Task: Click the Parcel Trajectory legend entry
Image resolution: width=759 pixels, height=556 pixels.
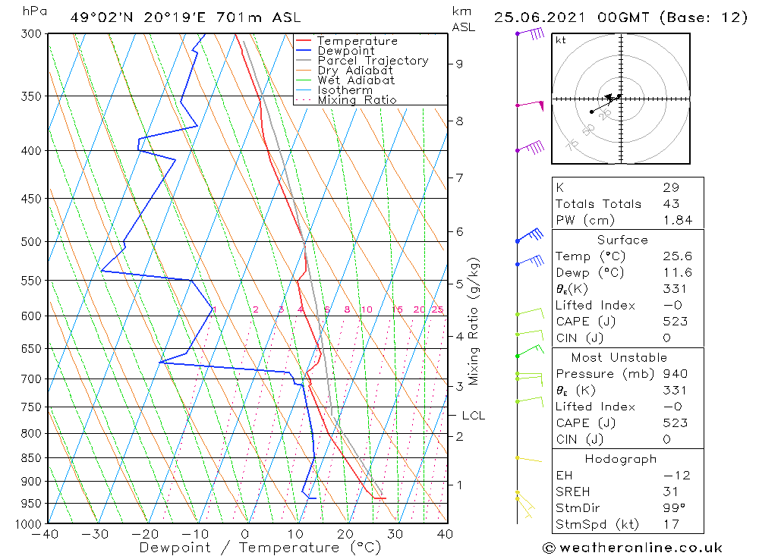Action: tap(373, 61)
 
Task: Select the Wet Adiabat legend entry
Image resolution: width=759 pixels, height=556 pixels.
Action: tap(356, 80)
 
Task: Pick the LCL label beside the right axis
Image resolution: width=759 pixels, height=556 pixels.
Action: tap(473, 416)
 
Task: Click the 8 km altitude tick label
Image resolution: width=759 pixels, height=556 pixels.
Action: tap(459, 121)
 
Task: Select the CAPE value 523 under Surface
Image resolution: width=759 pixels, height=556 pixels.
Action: tap(675, 322)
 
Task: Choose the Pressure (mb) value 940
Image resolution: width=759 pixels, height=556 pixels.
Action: tap(675, 374)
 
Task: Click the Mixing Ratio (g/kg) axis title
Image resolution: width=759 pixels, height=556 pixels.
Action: tap(474, 321)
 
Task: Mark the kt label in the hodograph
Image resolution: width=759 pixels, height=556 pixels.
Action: tap(561, 41)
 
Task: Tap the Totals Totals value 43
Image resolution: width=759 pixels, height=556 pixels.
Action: tap(671, 204)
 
